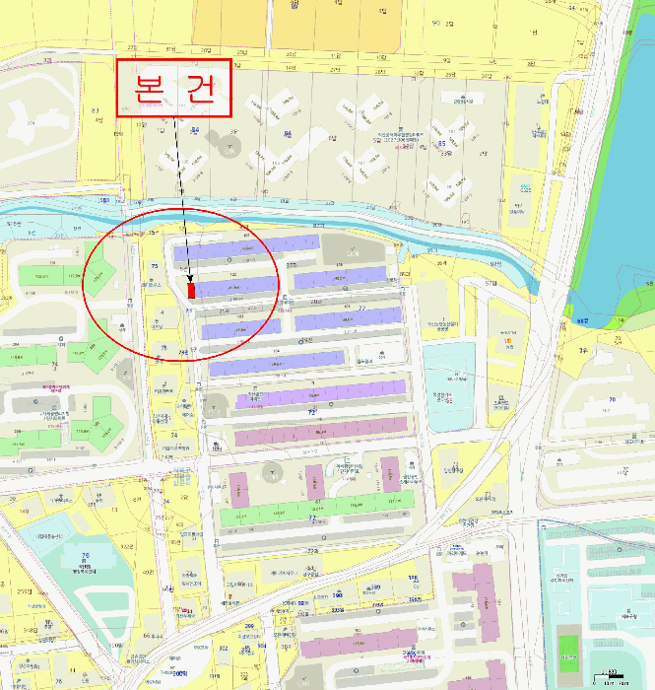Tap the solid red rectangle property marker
coord(191,289)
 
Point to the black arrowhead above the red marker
coord(189,276)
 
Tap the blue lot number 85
coord(441,143)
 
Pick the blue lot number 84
coord(194,130)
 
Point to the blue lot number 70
coord(611,398)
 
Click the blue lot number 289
coord(375,587)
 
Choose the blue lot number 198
coord(337,595)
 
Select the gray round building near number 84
coord(229,149)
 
